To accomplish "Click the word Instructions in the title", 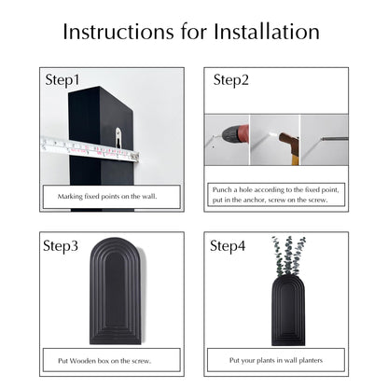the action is coord(118,32).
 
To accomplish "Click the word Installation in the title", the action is coord(267,32).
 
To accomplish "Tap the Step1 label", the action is coord(62,80).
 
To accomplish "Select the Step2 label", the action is coord(231,80).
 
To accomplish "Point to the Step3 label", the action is coord(61,246).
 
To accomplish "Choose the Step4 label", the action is coord(228,246).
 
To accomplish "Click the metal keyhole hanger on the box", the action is coord(118,137).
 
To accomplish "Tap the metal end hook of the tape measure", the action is coord(135,157).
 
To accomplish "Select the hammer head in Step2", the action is coord(288,142).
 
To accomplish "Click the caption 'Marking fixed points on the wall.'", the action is coord(107,197).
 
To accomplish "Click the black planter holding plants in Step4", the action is coord(288,311).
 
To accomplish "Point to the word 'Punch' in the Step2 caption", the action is coord(222,189).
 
